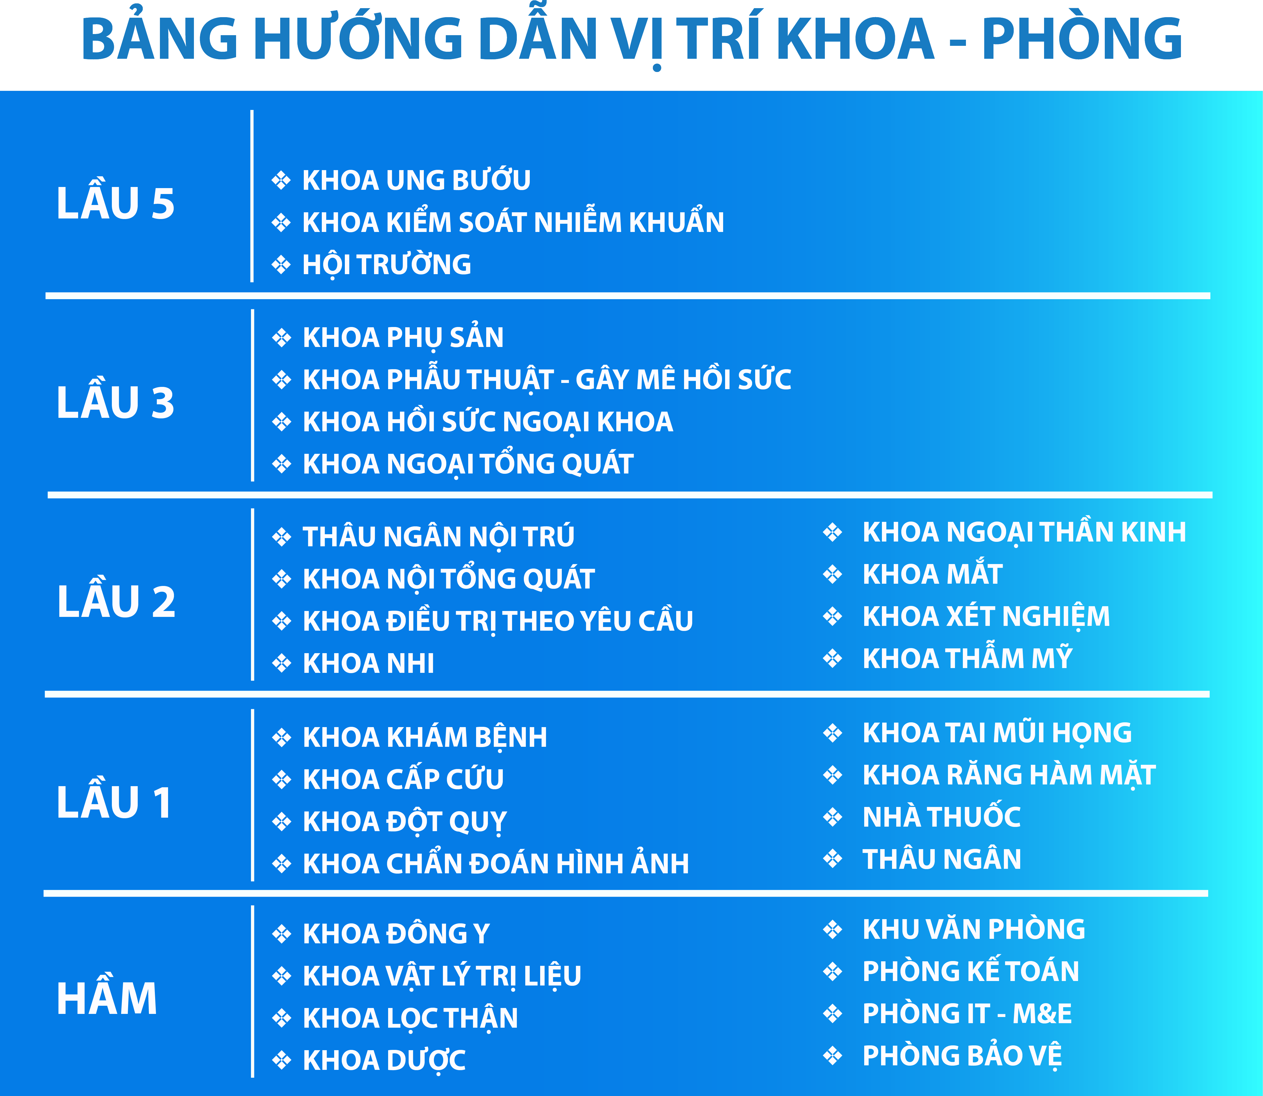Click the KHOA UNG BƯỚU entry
click(x=416, y=180)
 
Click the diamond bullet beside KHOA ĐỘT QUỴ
click(x=282, y=821)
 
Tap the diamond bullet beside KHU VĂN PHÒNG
click(x=833, y=929)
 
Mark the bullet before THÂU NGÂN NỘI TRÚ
click(x=282, y=537)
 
